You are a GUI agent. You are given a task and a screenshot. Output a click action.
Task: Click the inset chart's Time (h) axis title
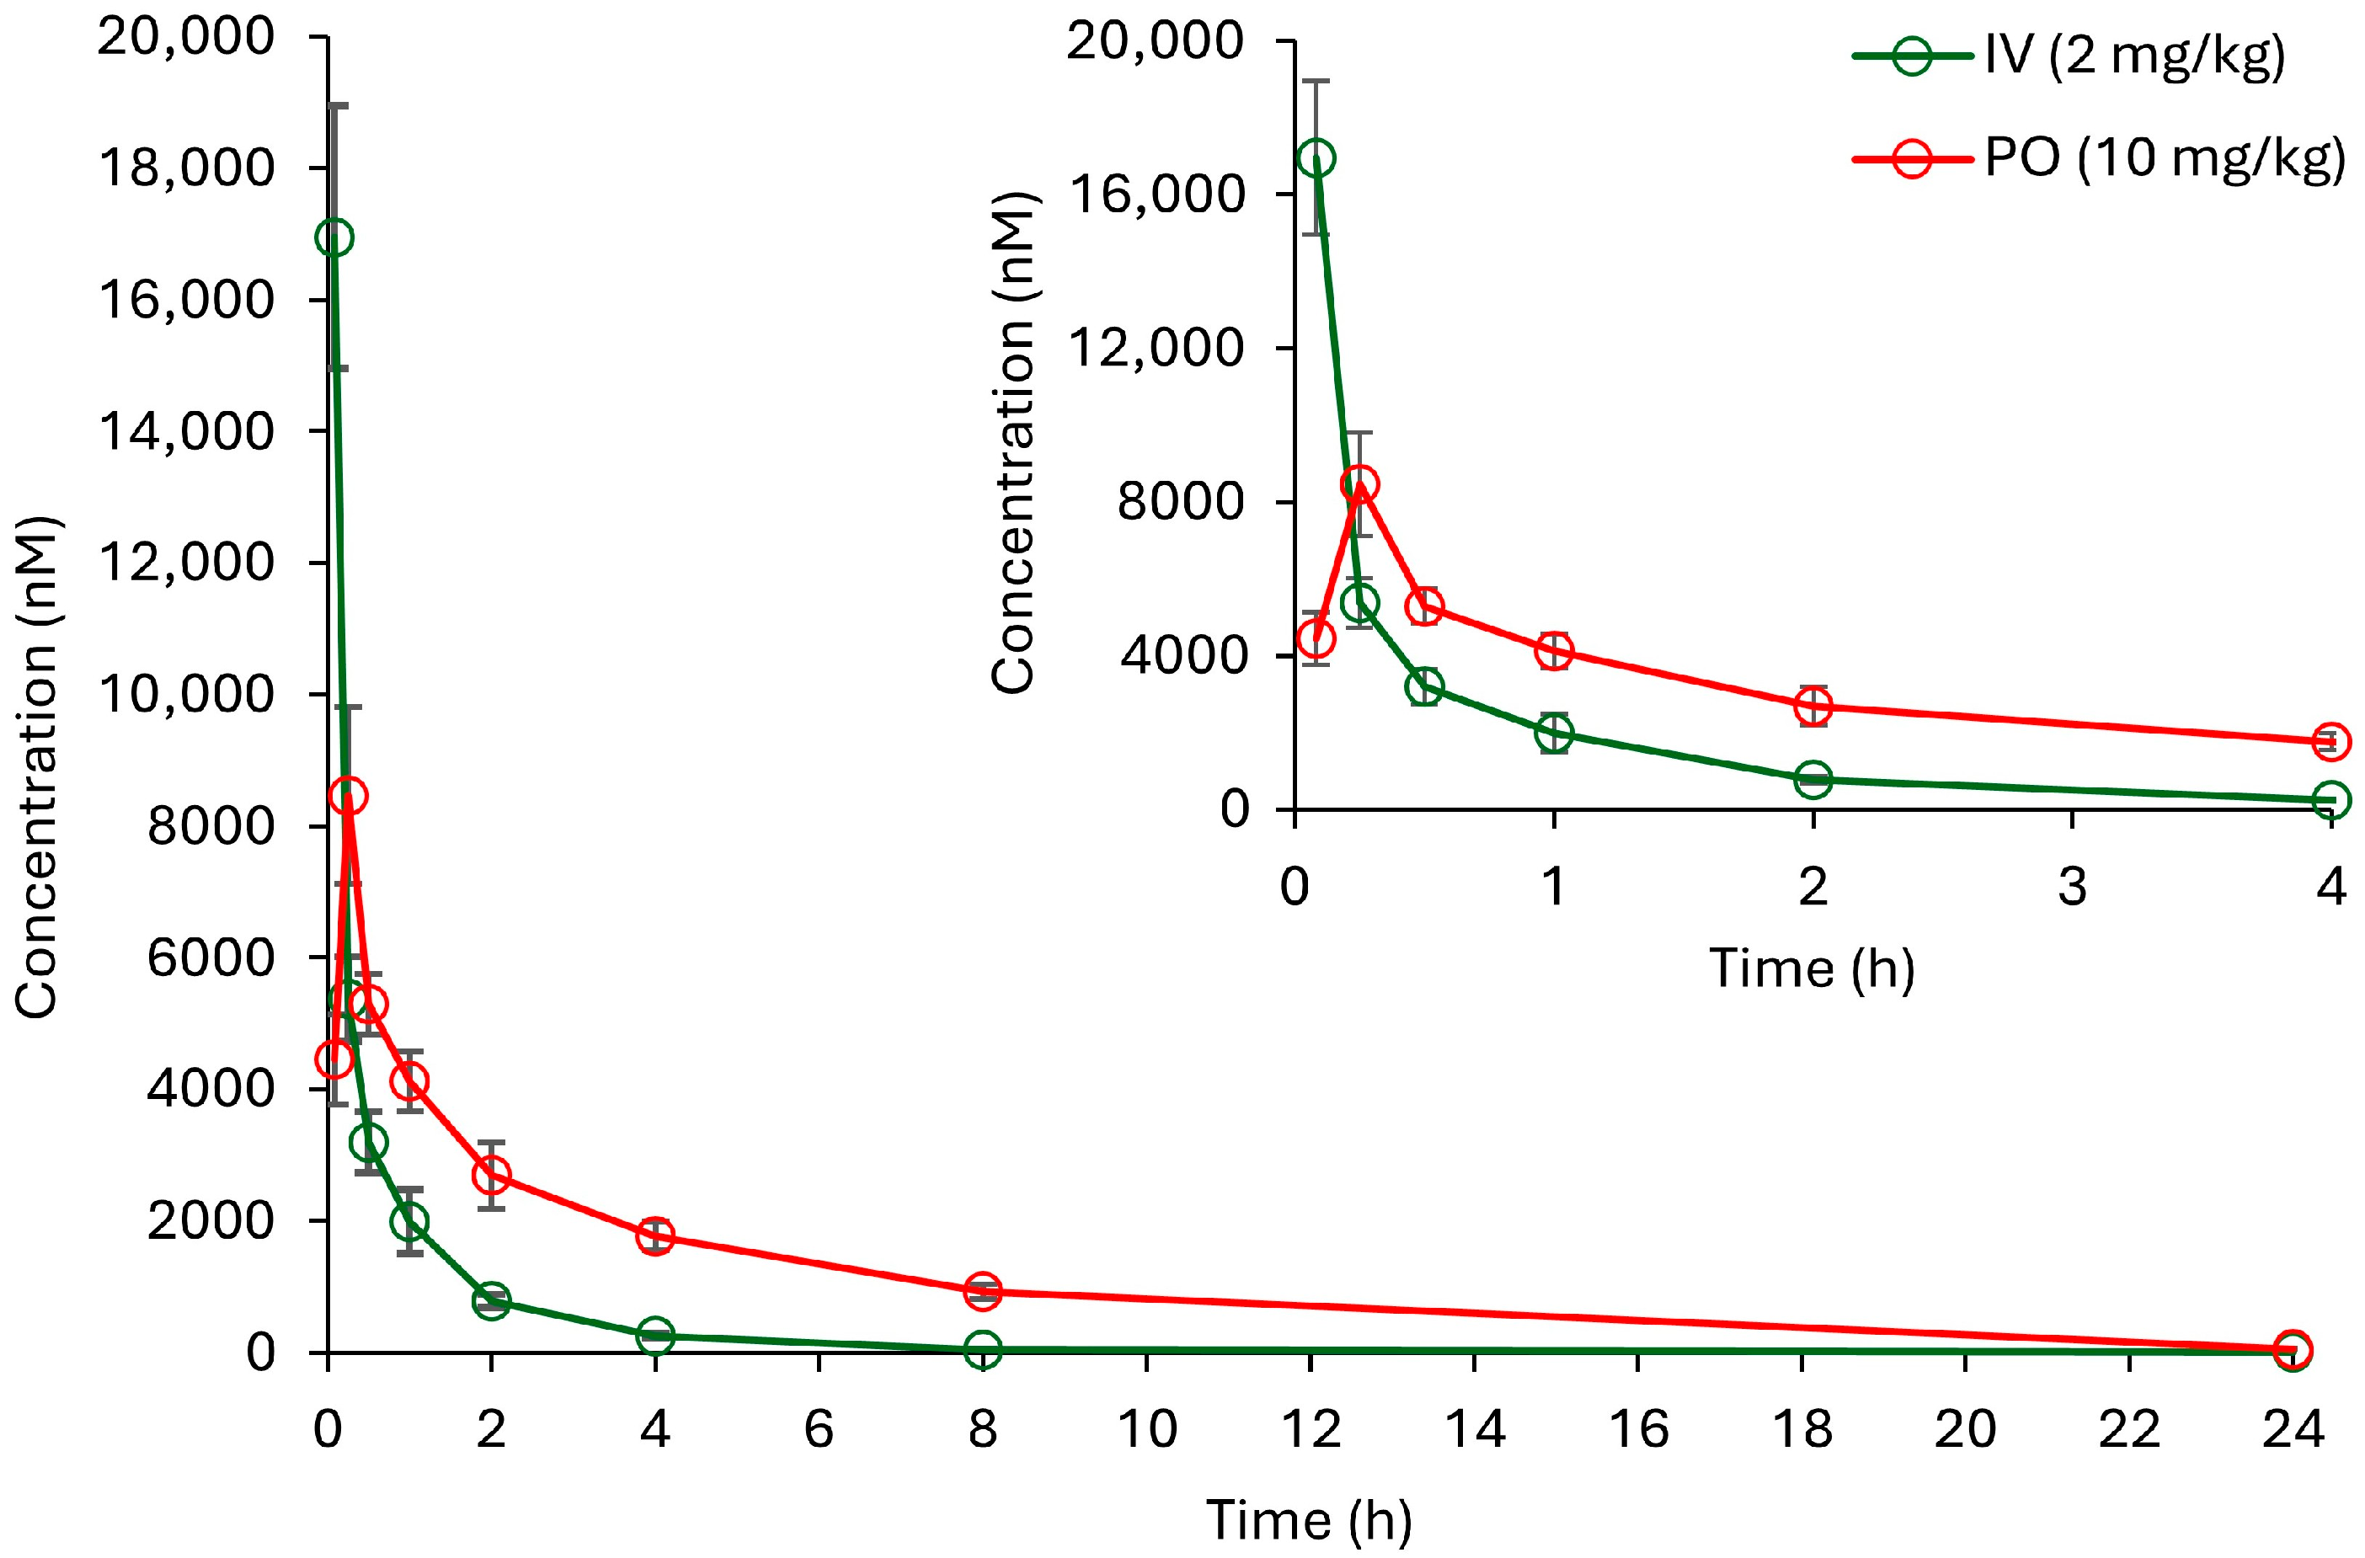[1812, 968]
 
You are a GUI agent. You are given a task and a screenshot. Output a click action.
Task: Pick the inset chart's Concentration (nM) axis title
[1015, 441]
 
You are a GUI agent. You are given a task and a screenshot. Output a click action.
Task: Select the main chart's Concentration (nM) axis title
[37, 767]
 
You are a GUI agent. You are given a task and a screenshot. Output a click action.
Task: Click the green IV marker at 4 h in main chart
[655, 1337]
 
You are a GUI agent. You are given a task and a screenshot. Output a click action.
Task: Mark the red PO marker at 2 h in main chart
[491, 1175]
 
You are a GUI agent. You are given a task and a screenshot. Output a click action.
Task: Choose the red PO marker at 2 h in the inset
[1813, 707]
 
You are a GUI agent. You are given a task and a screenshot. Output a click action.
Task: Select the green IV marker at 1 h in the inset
[1553, 733]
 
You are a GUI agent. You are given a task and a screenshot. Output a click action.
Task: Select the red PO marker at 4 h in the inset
[2331, 741]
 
